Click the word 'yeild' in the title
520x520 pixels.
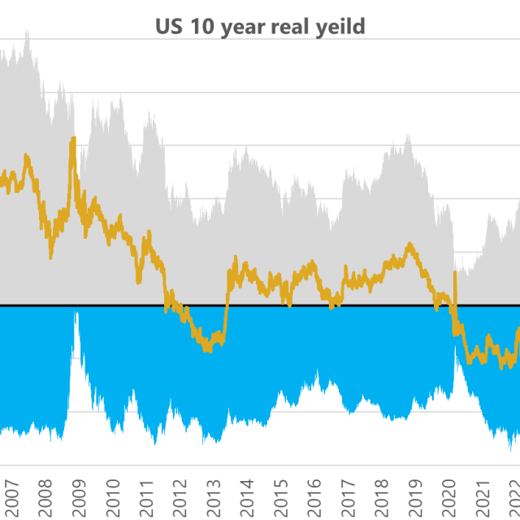[340, 27]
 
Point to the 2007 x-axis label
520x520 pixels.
[11, 495]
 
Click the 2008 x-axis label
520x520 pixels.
[45, 495]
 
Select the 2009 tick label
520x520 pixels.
[79, 495]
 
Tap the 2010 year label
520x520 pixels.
[113, 495]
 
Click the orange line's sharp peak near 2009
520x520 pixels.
[73, 139]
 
